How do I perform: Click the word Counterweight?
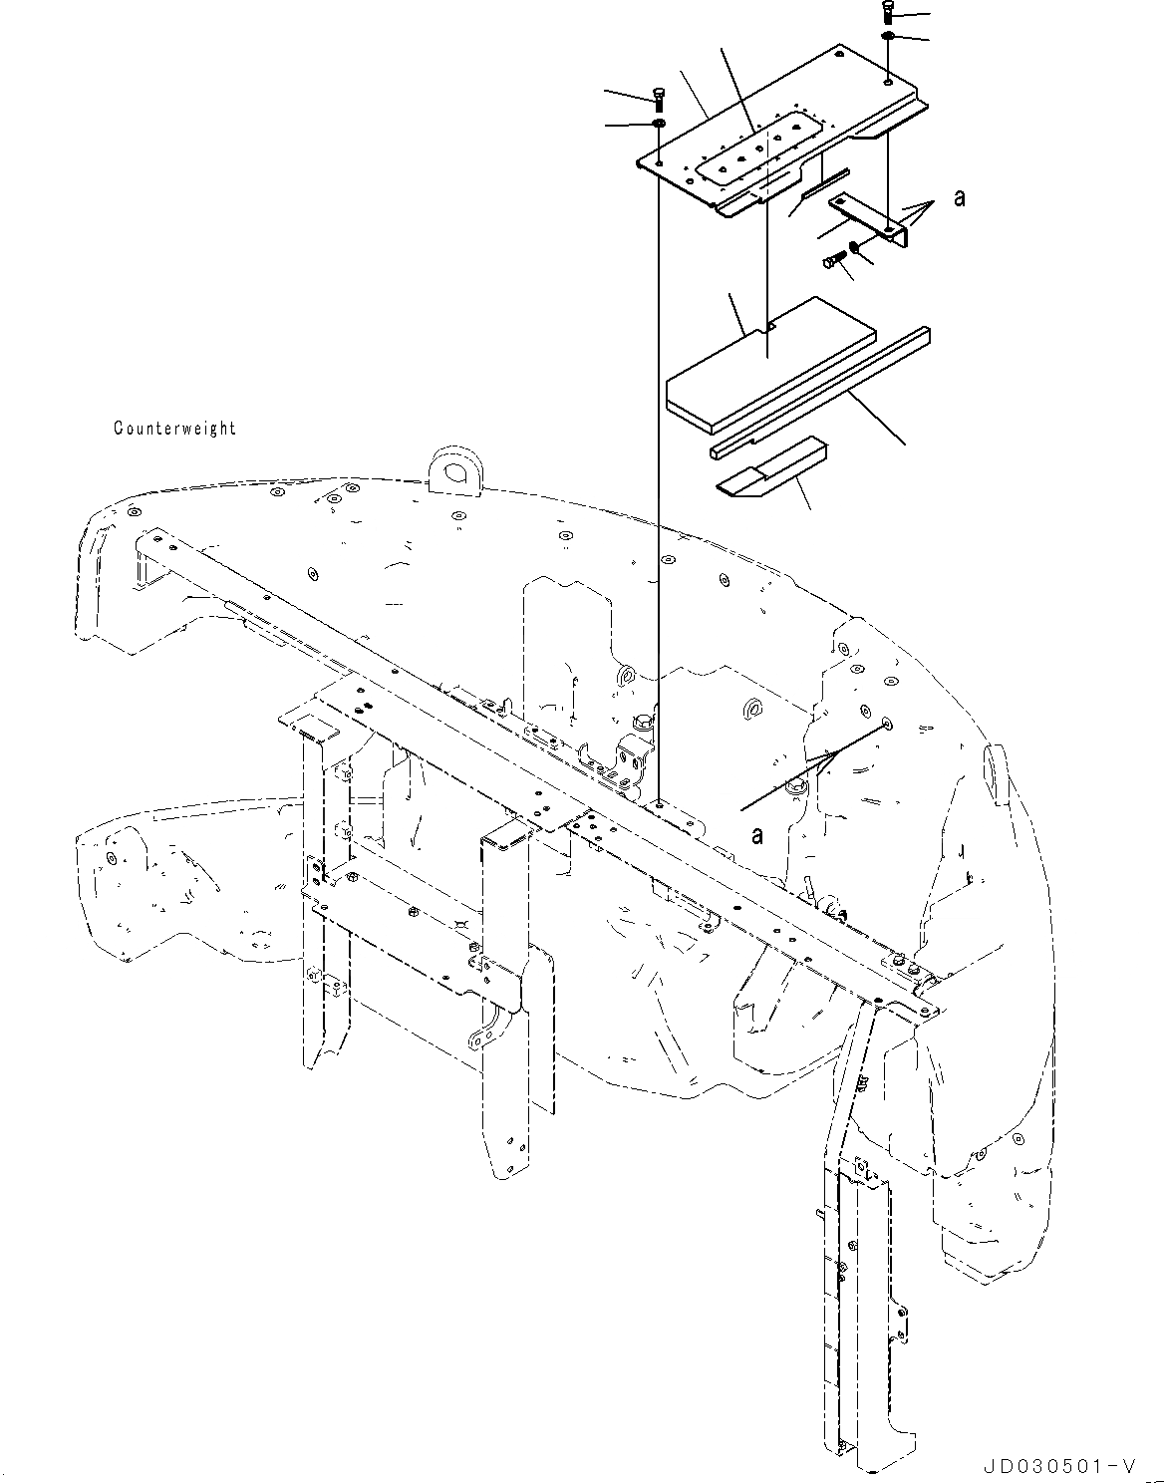point(174,429)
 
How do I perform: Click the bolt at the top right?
point(887,13)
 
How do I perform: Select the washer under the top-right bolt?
point(887,37)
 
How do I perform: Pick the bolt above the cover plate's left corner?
point(658,98)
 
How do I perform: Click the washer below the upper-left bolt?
point(658,124)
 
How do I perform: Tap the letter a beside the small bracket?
point(959,198)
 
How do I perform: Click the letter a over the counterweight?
point(757,835)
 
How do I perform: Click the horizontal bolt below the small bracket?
point(833,261)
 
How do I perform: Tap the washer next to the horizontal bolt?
point(855,249)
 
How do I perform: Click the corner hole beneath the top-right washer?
point(887,81)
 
